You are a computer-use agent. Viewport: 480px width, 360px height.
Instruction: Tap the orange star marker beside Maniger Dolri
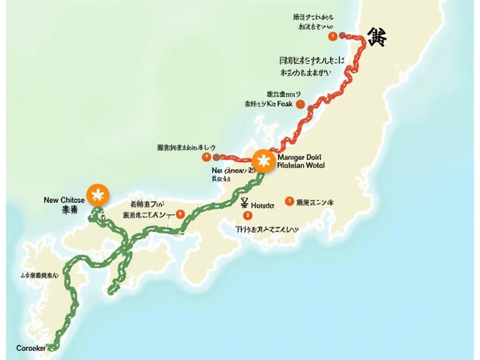[x=262, y=161]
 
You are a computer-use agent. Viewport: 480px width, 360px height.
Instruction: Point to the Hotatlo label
[x=262, y=205]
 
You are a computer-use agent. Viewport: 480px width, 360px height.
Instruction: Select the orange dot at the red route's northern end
[x=332, y=37]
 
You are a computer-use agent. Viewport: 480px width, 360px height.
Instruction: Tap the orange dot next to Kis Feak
[x=310, y=107]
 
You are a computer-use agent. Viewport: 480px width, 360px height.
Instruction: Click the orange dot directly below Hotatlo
[x=246, y=215]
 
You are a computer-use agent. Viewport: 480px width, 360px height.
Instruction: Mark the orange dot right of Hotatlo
[x=289, y=202]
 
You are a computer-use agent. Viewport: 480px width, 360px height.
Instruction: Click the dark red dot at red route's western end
[x=217, y=158]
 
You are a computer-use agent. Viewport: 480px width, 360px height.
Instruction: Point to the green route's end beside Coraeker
[x=52, y=347]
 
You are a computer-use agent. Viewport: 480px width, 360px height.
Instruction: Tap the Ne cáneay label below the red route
[x=234, y=170]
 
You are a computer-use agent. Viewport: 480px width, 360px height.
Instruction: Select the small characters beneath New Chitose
[x=70, y=210]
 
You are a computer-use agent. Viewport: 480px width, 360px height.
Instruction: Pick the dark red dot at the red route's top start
[x=343, y=36]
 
